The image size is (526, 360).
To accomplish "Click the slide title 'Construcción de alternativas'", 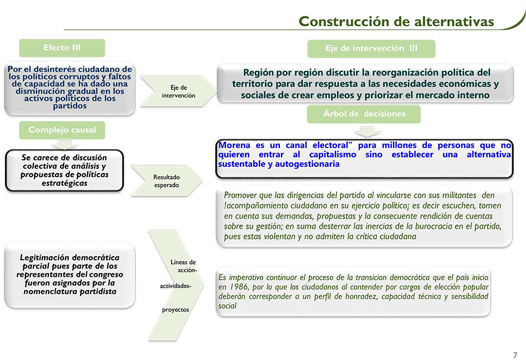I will point(396,22).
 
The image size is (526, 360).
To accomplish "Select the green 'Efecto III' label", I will point(62,48).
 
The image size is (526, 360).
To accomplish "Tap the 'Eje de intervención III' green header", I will point(371,48).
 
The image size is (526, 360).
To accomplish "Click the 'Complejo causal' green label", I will point(62,130).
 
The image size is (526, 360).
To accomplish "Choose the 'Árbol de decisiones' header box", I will point(364,113).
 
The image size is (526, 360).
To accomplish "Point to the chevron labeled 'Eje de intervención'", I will point(176,91).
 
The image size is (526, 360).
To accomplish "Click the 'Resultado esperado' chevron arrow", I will point(166,181).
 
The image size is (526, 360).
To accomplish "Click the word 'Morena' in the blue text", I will point(234,145).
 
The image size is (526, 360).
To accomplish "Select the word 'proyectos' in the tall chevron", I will point(176,310).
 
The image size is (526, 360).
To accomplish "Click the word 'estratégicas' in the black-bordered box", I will point(65,183).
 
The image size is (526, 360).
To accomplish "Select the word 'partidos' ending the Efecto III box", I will point(70,106).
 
